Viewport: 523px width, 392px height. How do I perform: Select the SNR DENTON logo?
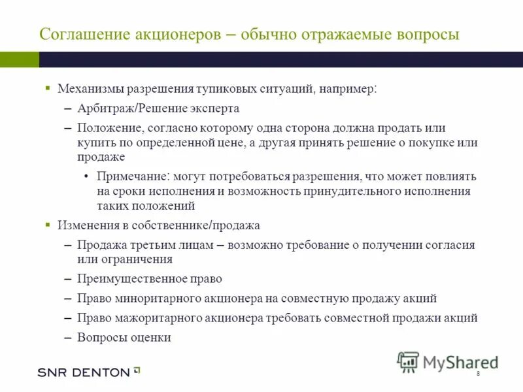point(89,372)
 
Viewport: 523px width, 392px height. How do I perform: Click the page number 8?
point(478,373)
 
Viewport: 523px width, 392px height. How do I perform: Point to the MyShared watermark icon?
point(408,361)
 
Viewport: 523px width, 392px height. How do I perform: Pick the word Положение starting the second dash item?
point(108,128)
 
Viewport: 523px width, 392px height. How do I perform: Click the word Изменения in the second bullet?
point(88,225)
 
